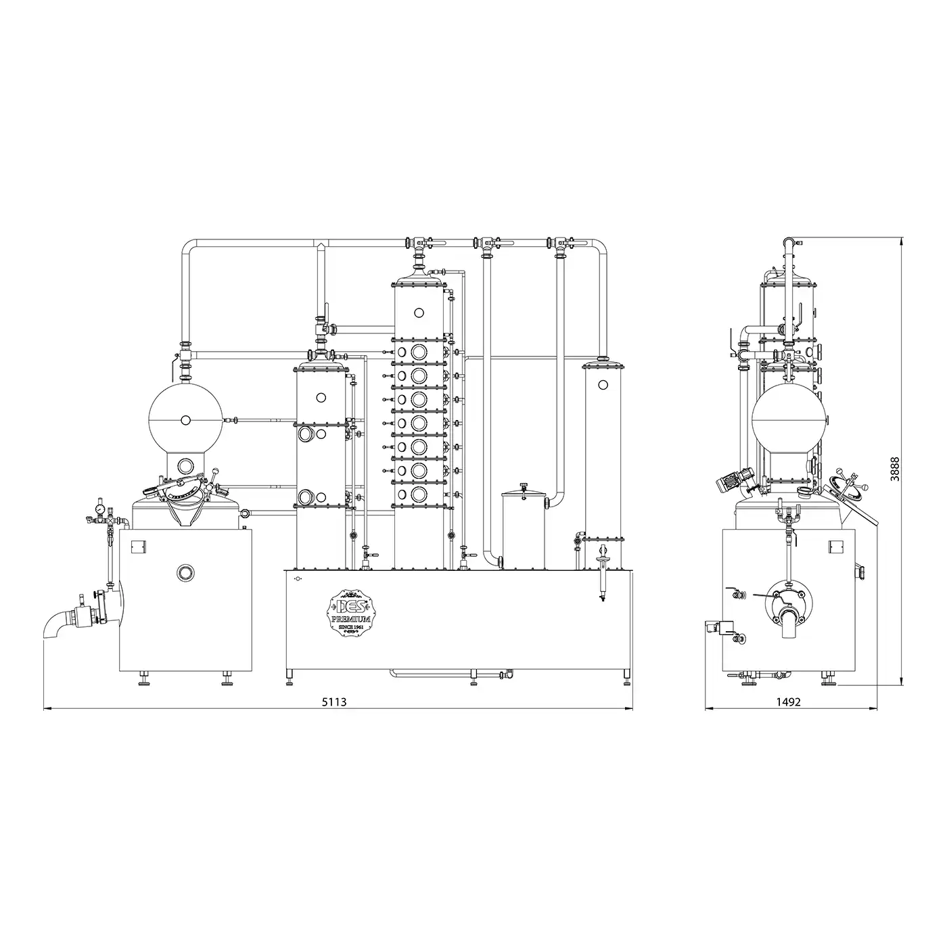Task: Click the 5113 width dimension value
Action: click(x=334, y=701)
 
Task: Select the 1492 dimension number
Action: click(x=788, y=701)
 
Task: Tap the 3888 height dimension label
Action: click(x=896, y=469)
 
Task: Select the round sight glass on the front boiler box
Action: click(x=186, y=572)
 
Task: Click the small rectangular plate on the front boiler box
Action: click(x=139, y=545)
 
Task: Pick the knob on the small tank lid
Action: click(x=524, y=486)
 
